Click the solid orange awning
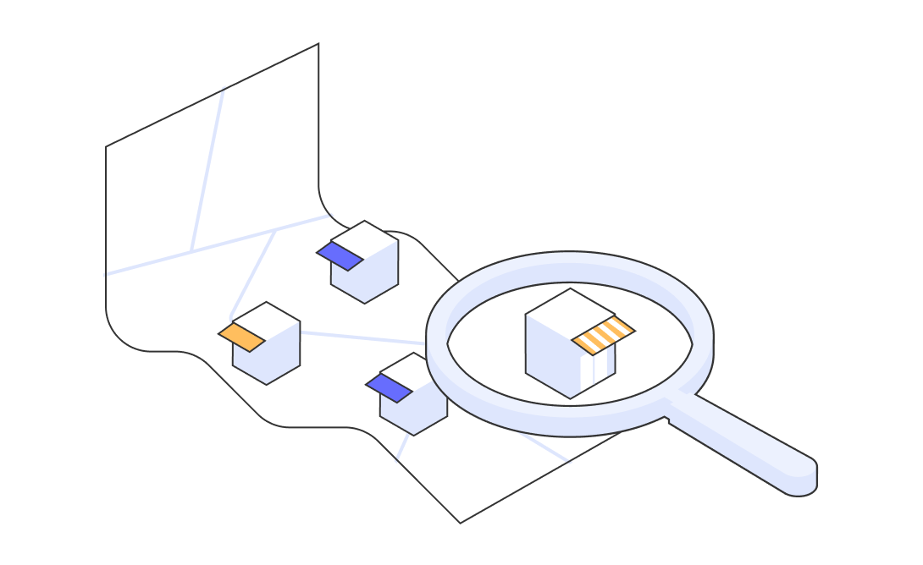(241, 337)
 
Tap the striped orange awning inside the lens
(603, 335)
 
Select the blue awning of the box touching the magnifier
(389, 388)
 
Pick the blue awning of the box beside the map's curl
(340, 255)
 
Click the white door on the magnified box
(600, 366)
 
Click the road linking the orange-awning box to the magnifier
(364, 337)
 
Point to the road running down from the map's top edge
(207, 169)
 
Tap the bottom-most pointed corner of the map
(461, 521)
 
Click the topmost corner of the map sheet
(318, 45)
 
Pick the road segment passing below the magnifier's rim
(542, 448)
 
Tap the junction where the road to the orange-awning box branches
(276, 229)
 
